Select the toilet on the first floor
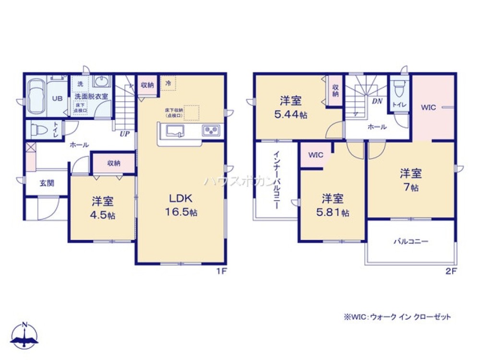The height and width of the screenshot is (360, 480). pyautogui.click(x=38, y=130)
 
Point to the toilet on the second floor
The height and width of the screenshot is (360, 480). pyautogui.click(x=398, y=89)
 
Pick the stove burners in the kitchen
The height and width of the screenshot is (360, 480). pyautogui.click(x=211, y=130)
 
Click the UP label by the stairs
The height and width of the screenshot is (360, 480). pyautogui.click(x=124, y=134)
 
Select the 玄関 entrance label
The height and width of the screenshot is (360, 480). pyautogui.click(x=47, y=183)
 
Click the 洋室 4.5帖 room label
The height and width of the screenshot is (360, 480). pyautogui.click(x=102, y=207)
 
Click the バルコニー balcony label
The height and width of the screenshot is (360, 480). pyautogui.click(x=411, y=242)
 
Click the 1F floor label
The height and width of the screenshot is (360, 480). pyautogui.click(x=221, y=272)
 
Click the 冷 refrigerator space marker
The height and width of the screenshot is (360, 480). pyautogui.click(x=168, y=83)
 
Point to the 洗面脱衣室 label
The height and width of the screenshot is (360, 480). pyautogui.click(x=91, y=96)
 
